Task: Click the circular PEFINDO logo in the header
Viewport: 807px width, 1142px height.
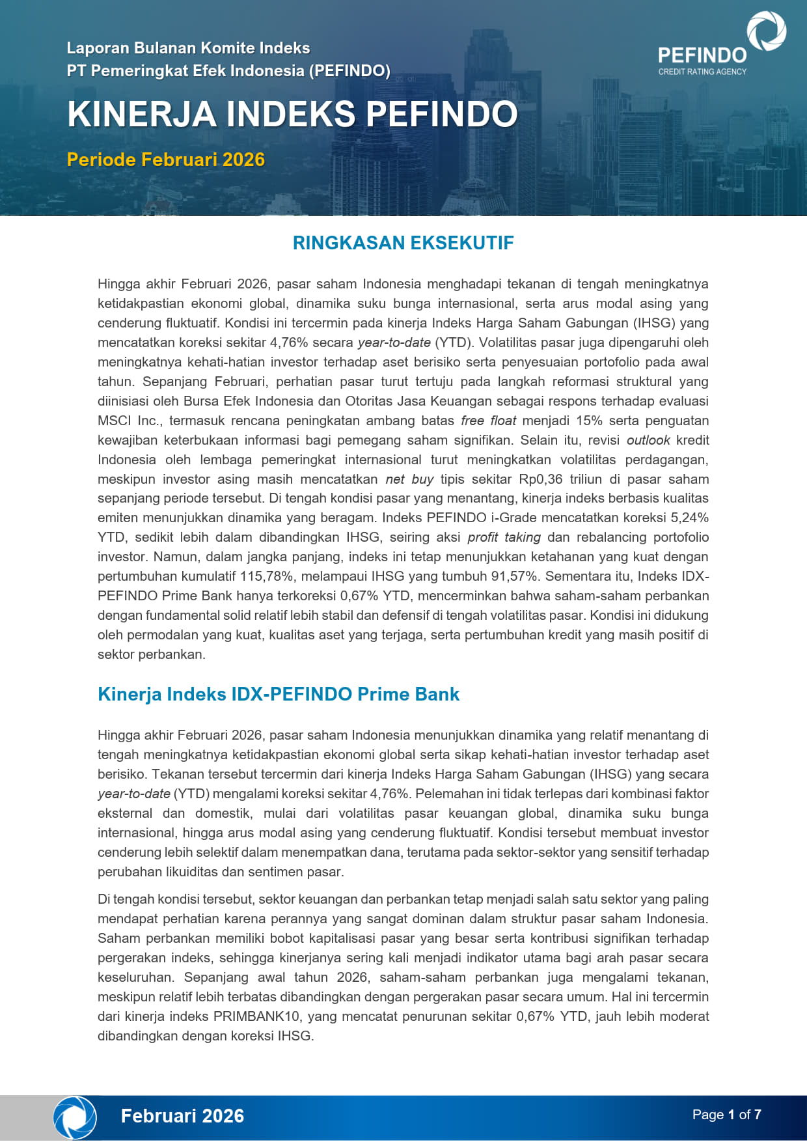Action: point(766,31)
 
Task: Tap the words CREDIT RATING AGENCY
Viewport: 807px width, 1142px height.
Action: point(702,72)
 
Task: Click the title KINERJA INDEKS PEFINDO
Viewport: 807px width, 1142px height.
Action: point(292,114)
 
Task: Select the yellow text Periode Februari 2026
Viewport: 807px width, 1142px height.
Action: point(165,160)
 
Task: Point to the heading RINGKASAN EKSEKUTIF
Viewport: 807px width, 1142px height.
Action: point(403,243)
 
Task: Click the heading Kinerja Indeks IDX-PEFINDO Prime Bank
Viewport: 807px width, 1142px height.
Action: point(279,694)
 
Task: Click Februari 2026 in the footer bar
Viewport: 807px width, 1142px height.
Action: point(182,1116)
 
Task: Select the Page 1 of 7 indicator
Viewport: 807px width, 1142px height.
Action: point(726,1115)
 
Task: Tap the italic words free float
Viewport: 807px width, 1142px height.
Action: point(488,421)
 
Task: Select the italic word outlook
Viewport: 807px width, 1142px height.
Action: point(648,440)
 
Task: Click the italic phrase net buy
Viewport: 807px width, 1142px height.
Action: point(409,479)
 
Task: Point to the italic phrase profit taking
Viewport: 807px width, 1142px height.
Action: point(504,537)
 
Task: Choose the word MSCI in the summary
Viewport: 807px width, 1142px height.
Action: point(114,421)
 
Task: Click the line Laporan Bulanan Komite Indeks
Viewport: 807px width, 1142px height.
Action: point(188,48)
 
